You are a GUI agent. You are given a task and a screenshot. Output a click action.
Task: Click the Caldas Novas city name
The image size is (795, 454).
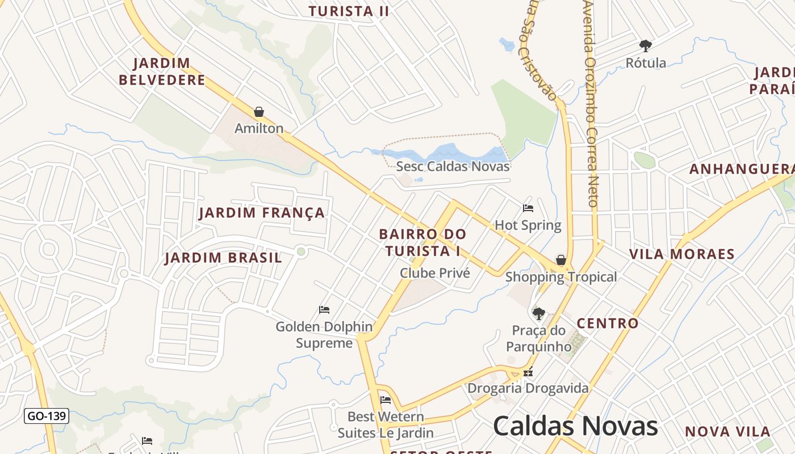(x=575, y=426)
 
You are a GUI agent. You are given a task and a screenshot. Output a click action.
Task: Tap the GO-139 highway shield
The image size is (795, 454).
(x=47, y=416)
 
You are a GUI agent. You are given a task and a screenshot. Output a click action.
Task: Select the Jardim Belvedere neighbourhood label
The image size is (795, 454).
(x=162, y=72)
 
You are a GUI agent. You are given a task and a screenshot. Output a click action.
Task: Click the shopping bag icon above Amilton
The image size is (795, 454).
(x=259, y=112)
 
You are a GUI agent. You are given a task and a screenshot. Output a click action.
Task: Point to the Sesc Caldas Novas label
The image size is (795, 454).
(x=453, y=166)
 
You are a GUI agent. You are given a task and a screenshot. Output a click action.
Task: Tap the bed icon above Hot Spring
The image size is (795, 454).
(x=528, y=208)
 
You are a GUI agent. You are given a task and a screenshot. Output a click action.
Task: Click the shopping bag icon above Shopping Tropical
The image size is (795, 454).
(x=561, y=260)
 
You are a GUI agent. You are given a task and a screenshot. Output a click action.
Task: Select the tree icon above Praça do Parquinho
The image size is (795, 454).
(x=538, y=313)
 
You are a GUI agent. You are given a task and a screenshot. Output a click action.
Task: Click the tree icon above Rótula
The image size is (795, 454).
(x=645, y=46)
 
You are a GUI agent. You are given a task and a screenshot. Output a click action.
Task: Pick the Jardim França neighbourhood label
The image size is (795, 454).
(x=262, y=213)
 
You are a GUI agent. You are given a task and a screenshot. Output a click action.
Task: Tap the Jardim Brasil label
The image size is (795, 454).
(x=223, y=258)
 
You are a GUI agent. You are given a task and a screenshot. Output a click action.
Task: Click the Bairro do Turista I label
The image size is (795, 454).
(x=422, y=242)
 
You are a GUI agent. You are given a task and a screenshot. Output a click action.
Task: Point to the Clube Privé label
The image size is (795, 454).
(x=435, y=273)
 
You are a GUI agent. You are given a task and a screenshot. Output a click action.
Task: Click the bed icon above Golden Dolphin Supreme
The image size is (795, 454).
(x=324, y=310)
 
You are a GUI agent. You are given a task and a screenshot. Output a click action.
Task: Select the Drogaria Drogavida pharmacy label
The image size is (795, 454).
(x=528, y=389)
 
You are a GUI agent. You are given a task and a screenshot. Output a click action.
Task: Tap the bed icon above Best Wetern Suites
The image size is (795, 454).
(x=386, y=400)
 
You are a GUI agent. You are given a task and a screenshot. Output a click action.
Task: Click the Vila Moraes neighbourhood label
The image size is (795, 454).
(x=681, y=254)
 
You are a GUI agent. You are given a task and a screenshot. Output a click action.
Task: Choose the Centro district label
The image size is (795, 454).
(x=608, y=323)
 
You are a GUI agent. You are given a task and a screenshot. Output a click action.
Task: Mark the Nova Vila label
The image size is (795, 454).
(x=727, y=432)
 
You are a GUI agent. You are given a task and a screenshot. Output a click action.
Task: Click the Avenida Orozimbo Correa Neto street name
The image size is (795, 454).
(x=591, y=102)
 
